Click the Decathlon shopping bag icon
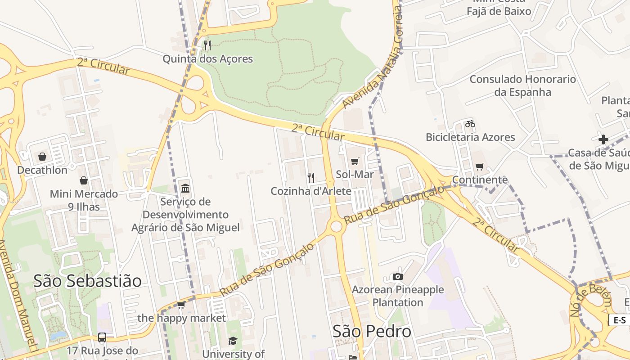42,157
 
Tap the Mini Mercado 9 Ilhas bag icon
84,180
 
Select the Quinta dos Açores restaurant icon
207,45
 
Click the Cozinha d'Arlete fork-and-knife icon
310,177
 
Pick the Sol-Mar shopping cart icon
355,161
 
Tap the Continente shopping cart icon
480,167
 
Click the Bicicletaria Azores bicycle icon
470,124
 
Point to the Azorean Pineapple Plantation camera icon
397,276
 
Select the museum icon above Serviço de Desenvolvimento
185,188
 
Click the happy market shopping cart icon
181,305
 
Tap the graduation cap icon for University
233,341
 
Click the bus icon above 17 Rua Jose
102,337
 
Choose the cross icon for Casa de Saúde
603,139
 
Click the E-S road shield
620,320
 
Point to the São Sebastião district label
88,281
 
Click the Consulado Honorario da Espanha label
522,85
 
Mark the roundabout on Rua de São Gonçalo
336,226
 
